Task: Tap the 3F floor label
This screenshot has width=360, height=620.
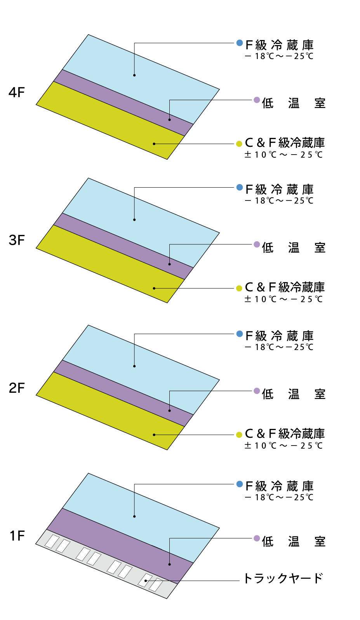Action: (x=17, y=240)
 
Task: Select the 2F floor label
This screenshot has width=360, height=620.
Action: (x=17, y=388)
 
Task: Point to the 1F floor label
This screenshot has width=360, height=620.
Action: (x=17, y=536)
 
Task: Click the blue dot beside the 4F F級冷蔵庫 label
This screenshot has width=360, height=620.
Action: (x=240, y=43)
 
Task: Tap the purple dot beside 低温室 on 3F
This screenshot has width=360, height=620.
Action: (x=257, y=244)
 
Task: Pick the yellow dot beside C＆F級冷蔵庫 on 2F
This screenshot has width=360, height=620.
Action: (x=239, y=435)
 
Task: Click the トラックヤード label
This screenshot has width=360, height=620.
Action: (x=283, y=578)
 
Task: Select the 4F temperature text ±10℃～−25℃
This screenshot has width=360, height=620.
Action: (x=283, y=155)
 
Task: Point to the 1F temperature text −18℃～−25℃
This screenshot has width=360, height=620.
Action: (x=279, y=497)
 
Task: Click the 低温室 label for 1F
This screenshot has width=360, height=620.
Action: (x=294, y=542)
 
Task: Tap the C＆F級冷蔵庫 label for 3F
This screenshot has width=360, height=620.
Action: (x=285, y=287)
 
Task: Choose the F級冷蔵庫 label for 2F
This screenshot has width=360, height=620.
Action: (x=280, y=336)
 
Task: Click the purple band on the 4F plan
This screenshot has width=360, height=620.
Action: (x=123, y=103)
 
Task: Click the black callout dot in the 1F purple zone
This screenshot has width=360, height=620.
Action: (x=170, y=564)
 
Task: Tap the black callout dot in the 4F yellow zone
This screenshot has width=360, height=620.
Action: (x=154, y=144)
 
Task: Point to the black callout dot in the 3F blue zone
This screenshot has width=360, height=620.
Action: (x=134, y=220)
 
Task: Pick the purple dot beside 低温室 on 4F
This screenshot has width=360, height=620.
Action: (x=257, y=100)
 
